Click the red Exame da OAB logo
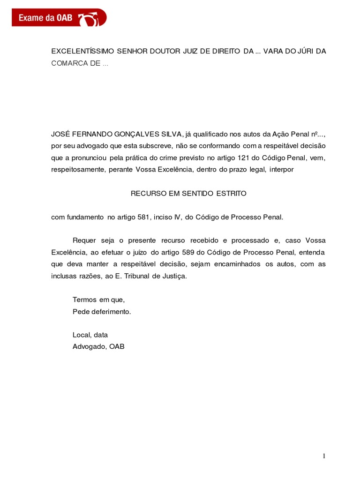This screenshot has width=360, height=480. click(x=59, y=18)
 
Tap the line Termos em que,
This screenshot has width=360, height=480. click(x=99, y=300)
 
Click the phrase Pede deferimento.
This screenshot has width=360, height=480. click(x=102, y=311)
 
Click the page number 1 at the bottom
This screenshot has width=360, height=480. click(x=323, y=457)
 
